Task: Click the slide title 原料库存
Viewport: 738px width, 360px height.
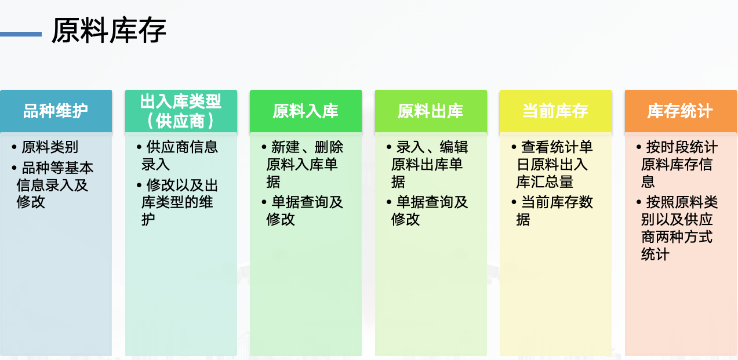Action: coord(109,31)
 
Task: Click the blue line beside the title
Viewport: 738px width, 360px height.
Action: coord(21,34)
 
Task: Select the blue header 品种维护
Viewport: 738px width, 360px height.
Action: coord(56,111)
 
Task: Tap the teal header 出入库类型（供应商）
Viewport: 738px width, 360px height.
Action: coord(181,111)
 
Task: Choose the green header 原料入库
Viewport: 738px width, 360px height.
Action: coord(306,111)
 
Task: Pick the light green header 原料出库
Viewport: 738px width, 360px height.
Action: coord(431,111)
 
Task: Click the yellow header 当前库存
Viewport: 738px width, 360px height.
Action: coord(555,111)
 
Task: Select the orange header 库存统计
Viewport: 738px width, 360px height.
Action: coord(681,111)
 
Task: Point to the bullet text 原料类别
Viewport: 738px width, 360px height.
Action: coord(50,147)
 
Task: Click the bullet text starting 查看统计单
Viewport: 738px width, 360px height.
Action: coord(554,164)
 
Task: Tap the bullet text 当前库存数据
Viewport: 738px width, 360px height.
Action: coord(554,210)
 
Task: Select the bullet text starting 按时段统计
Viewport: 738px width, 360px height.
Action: coord(679,164)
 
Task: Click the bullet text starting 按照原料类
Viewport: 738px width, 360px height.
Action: coord(679,228)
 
